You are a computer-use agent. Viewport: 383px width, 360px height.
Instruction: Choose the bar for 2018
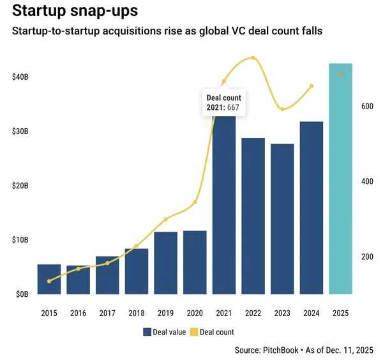[137, 271]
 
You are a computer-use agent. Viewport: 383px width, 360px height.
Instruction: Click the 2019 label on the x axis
[165, 313]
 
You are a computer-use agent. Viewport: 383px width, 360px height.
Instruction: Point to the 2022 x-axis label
[253, 313]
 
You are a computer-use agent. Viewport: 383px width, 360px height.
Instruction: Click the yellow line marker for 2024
[311, 86]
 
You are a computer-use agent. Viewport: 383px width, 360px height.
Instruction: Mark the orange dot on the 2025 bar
[340, 74]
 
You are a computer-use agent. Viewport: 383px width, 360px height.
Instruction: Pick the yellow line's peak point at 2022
[253, 58]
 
